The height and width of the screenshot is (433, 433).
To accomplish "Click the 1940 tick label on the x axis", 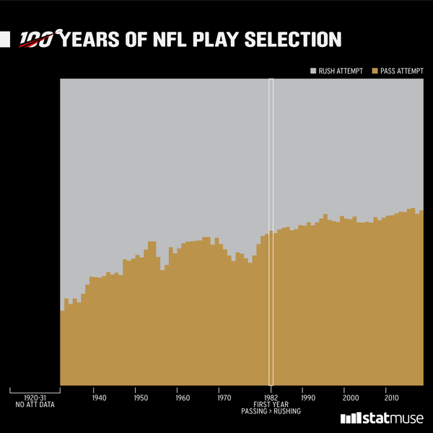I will (99, 398).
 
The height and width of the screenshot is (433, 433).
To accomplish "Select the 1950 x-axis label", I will (141, 398).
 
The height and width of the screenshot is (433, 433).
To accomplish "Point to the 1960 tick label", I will (183, 398).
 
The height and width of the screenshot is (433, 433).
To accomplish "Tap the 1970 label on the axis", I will (224, 398).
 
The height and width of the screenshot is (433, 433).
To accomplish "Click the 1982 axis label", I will (271, 398).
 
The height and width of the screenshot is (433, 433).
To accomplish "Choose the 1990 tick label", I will (308, 398).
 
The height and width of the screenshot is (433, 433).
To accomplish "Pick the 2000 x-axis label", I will (350, 398).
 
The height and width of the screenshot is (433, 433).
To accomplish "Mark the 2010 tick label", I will (392, 398).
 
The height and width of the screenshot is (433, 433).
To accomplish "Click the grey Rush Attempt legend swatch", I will (313, 71).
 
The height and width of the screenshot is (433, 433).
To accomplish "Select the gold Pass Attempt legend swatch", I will (375, 71).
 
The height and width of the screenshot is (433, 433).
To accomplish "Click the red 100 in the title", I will (36, 40).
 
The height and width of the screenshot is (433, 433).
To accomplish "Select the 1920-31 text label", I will (35, 398).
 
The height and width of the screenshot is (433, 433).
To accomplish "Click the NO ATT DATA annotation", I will (35, 405).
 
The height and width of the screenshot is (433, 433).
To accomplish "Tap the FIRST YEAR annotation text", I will (271, 404).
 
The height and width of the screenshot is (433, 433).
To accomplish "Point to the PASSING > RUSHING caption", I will (271, 411).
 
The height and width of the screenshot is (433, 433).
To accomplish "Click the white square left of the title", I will (5, 40).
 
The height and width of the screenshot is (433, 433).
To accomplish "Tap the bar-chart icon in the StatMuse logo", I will (350, 419).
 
